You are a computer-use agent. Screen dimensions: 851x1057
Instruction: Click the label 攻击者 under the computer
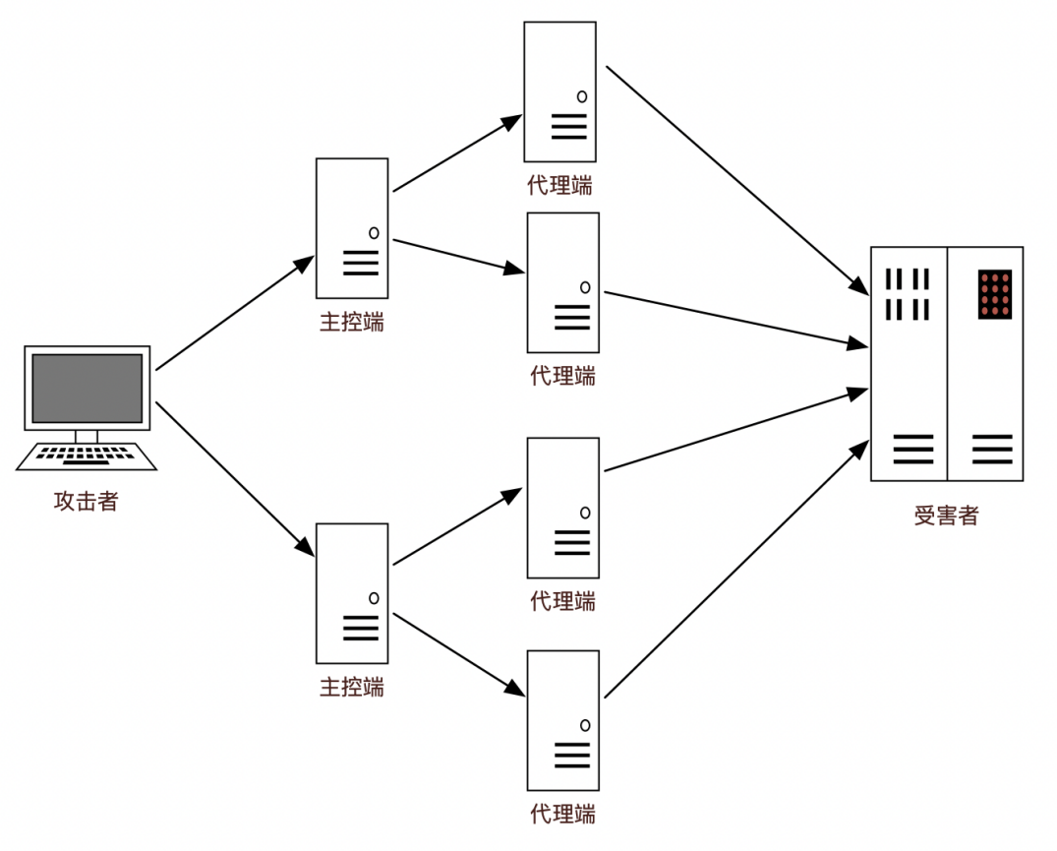(87, 502)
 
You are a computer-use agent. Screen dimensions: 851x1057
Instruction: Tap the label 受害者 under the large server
(946, 516)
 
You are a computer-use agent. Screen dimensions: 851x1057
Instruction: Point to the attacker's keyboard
(87, 456)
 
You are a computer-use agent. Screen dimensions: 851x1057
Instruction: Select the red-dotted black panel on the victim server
(995, 294)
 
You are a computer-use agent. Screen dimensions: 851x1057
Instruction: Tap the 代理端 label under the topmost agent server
(560, 185)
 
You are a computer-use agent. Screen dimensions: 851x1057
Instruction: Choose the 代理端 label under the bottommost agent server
(562, 815)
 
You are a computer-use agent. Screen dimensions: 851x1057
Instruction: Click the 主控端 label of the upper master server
(351, 323)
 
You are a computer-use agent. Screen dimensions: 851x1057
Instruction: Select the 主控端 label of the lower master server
(351, 687)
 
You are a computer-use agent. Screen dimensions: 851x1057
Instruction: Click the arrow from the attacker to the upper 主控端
(234, 314)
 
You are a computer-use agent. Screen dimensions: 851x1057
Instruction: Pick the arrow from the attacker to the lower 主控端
(234, 478)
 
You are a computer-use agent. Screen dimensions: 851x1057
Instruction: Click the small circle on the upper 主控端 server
(374, 233)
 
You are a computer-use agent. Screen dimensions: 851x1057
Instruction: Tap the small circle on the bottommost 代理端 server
(585, 725)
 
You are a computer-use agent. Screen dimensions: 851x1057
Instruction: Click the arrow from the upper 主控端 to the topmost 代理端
(457, 153)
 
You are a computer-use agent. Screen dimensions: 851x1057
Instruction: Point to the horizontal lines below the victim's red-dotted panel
(992, 449)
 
